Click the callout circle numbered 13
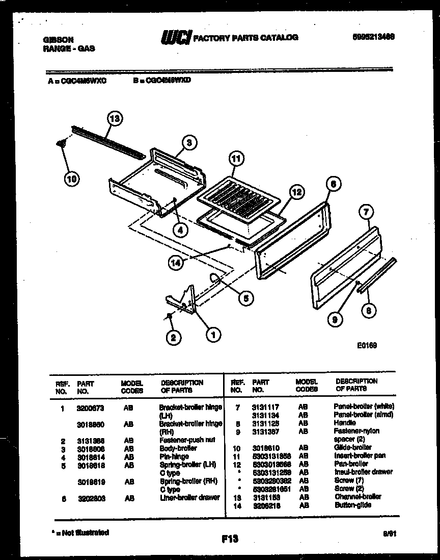[116, 119]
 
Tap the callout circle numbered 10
[72, 179]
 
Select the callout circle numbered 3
[188, 143]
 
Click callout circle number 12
[296, 192]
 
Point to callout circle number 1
[213, 335]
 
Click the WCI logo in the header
[175, 37]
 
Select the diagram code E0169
[366, 345]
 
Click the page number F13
[230, 538]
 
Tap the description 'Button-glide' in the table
[352, 505]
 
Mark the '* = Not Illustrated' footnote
[81, 532]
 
